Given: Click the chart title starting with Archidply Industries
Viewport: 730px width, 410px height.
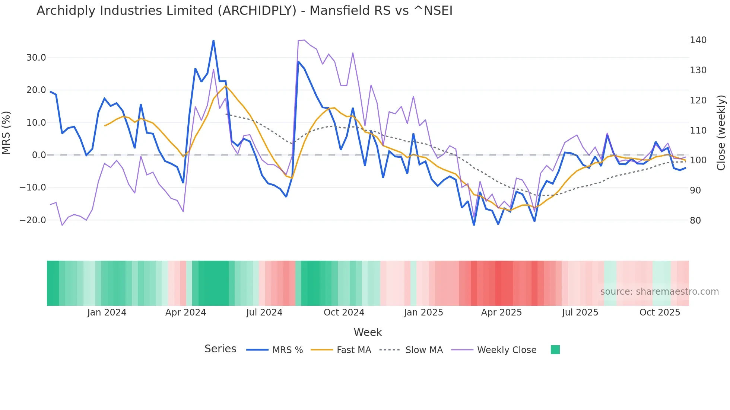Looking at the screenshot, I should click(244, 11).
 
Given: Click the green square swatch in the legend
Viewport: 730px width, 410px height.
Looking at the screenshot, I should click(555, 350).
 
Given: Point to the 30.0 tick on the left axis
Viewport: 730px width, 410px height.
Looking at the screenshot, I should click(36, 58).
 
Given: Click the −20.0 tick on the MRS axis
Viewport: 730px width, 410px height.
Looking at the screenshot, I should click(33, 220).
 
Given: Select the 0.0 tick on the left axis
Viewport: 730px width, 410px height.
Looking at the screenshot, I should click(39, 155).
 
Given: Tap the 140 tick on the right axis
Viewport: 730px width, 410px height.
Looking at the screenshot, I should click(698, 40).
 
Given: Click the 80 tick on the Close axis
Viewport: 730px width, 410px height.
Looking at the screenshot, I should click(695, 221).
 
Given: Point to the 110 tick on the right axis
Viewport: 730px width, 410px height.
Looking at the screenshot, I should click(698, 131).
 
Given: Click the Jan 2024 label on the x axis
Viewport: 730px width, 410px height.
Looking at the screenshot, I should click(107, 313).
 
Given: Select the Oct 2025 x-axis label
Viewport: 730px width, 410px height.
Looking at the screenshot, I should click(660, 313).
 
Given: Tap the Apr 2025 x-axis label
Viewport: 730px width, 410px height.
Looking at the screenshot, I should click(501, 313).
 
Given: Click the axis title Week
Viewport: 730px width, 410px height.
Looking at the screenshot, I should click(368, 332).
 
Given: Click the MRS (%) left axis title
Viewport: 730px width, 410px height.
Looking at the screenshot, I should click(6, 132).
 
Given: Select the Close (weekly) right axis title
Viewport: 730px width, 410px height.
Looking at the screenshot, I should click(721, 132).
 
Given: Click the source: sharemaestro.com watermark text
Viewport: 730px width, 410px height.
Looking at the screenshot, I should click(659, 292).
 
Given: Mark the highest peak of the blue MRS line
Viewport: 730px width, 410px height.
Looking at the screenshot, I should click(213, 41).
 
